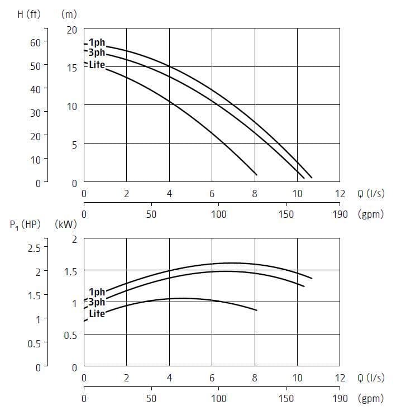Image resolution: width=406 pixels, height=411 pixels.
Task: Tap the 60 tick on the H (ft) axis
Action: pyautogui.click(x=35, y=42)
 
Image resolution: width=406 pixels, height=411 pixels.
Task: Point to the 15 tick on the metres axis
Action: pyautogui.click(x=72, y=68)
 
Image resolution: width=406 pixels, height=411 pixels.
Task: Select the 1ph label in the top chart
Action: pyautogui.click(x=96, y=42)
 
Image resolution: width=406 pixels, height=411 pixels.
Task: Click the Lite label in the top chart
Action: pyautogui.click(x=97, y=64)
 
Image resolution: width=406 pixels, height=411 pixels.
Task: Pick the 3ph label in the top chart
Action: pyautogui.click(x=97, y=53)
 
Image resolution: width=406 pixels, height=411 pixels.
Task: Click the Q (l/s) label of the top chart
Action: pyautogui.click(x=370, y=194)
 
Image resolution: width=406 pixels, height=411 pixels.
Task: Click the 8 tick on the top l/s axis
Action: pyautogui.click(x=255, y=194)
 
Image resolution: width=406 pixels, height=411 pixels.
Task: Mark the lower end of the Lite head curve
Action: pyautogui.click(x=256, y=175)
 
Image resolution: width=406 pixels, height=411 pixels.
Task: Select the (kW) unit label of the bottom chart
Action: pyautogui.click(x=66, y=225)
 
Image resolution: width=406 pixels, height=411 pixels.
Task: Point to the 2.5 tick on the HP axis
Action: pyautogui.click(x=34, y=248)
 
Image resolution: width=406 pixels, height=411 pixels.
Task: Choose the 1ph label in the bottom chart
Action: pyautogui.click(x=97, y=291)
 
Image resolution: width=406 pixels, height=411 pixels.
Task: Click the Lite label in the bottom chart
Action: pyautogui.click(x=97, y=313)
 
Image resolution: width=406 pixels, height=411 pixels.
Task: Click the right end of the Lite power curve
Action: pyautogui.click(x=256, y=310)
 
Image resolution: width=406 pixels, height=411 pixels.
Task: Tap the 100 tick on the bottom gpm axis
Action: pyautogui.click(x=218, y=398)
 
